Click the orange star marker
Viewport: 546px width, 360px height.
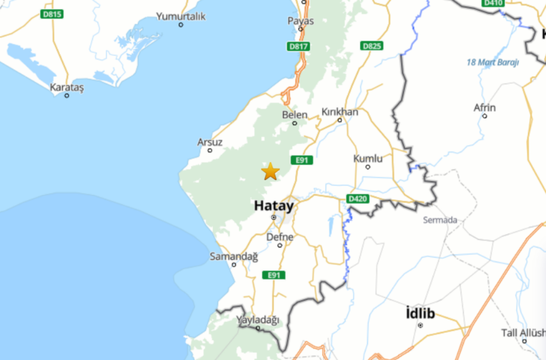(270, 171)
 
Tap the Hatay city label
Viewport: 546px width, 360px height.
(274, 205)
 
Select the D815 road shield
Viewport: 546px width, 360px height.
(52, 14)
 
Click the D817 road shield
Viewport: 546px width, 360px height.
(299, 46)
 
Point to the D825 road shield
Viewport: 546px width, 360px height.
(372, 46)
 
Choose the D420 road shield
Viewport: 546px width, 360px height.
(357, 199)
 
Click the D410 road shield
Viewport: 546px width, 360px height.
(493, 3)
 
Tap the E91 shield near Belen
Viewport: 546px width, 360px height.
(301, 160)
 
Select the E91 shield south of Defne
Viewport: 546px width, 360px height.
(274, 275)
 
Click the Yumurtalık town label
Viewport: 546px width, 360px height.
(181, 17)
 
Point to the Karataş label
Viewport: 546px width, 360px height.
(67, 87)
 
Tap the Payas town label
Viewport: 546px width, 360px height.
(301, 21)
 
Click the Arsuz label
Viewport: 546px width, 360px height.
(210, 142)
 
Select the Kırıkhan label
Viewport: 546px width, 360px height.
(340, 112)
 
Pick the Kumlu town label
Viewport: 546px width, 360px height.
(368, 159)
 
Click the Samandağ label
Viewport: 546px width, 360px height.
(234, 257)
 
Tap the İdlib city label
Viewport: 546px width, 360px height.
(420, 314)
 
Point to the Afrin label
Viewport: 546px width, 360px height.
(485, 108)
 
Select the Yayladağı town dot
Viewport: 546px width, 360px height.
(258, 328)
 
